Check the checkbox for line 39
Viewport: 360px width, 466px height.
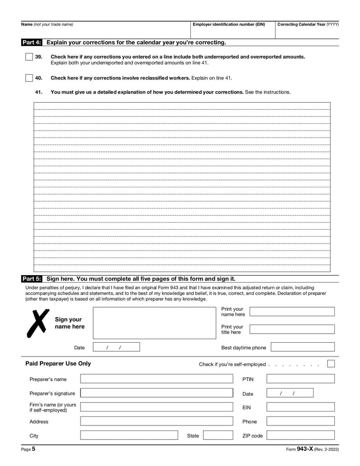pyautogui.click(x=29, y=57)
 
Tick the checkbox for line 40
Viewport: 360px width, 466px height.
pyautogui.click(x=29, y=78)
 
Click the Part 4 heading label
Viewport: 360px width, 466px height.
pyautogui.click(x=32, y=43)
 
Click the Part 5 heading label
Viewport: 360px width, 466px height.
pyautogui.click(x=32, y=279)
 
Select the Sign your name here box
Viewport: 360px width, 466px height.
pyautogui.click(x=154, y=323)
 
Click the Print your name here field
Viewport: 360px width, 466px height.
pyautogui.click(x=292, y=312)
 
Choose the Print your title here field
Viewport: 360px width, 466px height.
pyautogui.click(x=292, y=329)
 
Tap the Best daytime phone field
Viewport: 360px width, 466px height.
pyautogui.click(x=302, y=347)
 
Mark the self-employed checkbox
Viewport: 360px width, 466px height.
pyautogui.click(x=331, y=364)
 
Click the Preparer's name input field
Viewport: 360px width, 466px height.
pyautogui.click(x=157, y=379)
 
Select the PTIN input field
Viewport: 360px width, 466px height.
pyautogui.click(x=300, y=379)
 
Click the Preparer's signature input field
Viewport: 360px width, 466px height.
pyautogui.click(x=157, y=393)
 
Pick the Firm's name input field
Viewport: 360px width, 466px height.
pyautogui.click(x=157, y=407)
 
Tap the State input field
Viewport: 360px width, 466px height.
pyautogui.click(x=218, y=435)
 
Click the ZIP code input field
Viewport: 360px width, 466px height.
pyautogui.click(x=300, y=435)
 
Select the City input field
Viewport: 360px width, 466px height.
pyautogui.click(x=129, y=435)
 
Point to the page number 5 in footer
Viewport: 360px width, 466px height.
pyautogui.click(x=33, y=449)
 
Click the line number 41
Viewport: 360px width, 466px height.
pyautogui.click(x=39, y=92)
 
